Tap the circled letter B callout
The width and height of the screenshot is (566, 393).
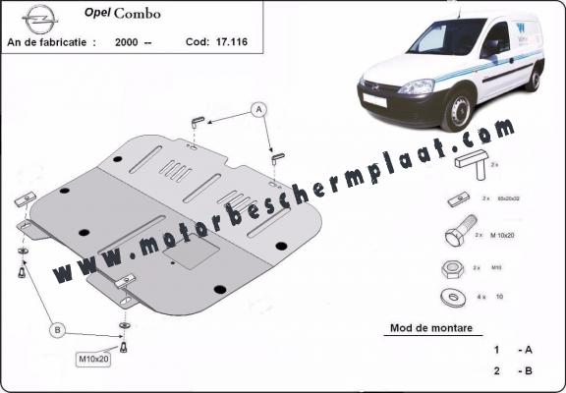point(59,328)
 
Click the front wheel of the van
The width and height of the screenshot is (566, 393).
point(460,110)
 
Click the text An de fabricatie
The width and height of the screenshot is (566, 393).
point(51,43)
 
